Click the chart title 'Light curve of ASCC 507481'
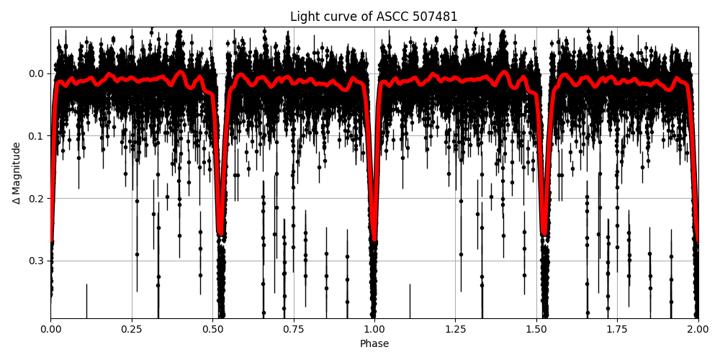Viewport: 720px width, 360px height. (x=374, y=17)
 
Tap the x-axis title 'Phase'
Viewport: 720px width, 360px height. (x=374, y=344)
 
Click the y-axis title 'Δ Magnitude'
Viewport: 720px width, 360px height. (x=17, y=173)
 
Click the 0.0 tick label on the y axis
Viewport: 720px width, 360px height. (x=36, y=73)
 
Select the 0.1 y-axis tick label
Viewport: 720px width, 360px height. (x=36, y=136)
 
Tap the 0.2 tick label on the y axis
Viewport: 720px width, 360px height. (x=36, y=198)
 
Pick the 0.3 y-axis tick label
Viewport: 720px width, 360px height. (x=36, y=261)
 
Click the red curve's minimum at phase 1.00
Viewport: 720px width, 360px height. (x=374, y=240)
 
